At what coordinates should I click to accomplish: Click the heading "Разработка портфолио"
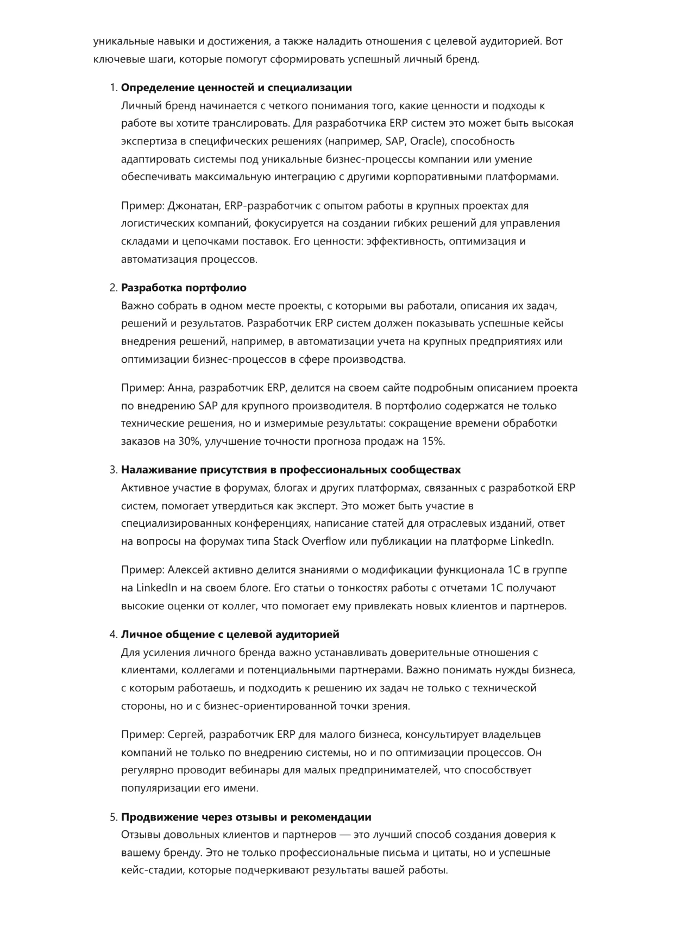pyautogui.click(x=184, y=288)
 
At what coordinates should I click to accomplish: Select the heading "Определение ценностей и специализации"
pyautogui.click(x=236, y=88)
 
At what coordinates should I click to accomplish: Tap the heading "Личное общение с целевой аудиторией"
pyautogui.click(x=230, y=634)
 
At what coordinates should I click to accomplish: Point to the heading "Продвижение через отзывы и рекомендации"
pyautogui.click(x=246, y=817)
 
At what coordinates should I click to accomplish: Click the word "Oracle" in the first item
pyautogui.click(x=426, y=141)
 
